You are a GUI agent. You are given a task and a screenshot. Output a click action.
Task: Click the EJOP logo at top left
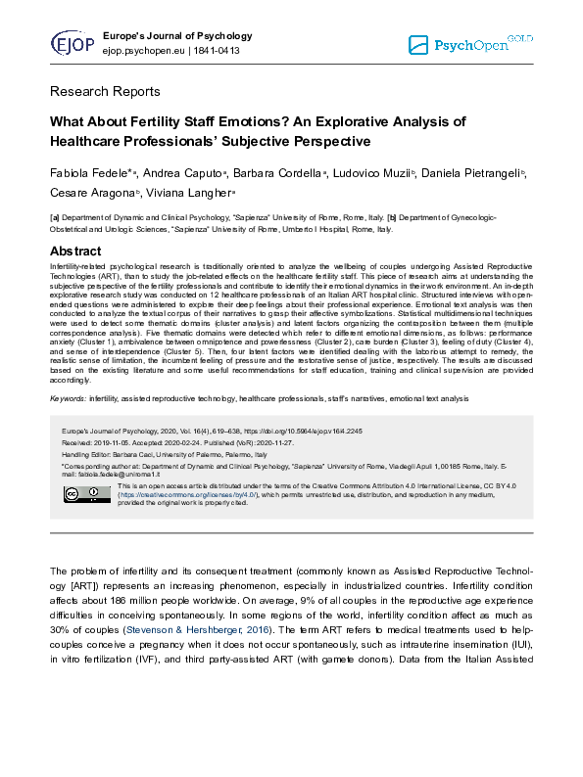(73, 44)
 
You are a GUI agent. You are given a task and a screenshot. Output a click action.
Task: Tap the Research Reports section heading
(105, 92)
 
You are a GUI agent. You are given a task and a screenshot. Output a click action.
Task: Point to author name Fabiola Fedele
(91, 173)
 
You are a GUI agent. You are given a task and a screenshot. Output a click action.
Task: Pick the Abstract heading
(75, 251)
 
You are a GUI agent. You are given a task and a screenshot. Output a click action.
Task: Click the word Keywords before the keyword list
(67, 399)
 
